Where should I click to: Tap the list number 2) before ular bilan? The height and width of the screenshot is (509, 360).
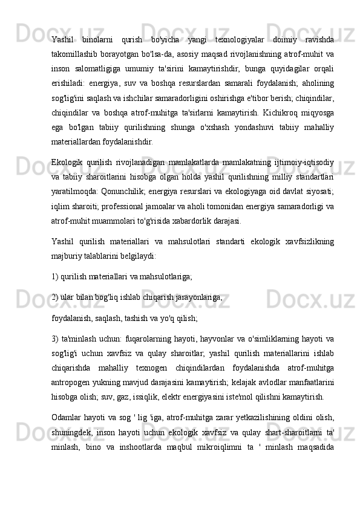click(x=55, y=296)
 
